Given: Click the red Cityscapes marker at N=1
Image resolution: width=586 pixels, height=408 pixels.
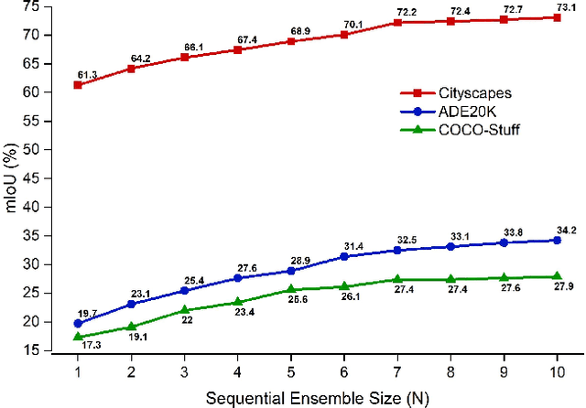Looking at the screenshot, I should [77, 85].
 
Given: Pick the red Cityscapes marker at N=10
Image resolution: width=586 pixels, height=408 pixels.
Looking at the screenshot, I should [557, 17].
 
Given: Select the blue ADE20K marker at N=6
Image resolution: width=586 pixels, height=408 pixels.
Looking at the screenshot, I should [343, 256].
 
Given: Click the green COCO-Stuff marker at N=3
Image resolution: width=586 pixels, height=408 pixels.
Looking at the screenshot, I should [184, 310].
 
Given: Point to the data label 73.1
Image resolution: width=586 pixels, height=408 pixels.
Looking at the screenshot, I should [556, 6].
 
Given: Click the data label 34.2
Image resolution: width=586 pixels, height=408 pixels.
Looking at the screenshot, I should [556, 229].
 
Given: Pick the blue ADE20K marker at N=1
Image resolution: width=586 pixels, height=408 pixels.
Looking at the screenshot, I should [77, 323].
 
